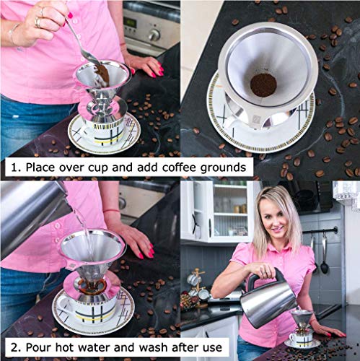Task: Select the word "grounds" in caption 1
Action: (223, 169)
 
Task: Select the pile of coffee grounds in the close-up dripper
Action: (263, 84)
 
